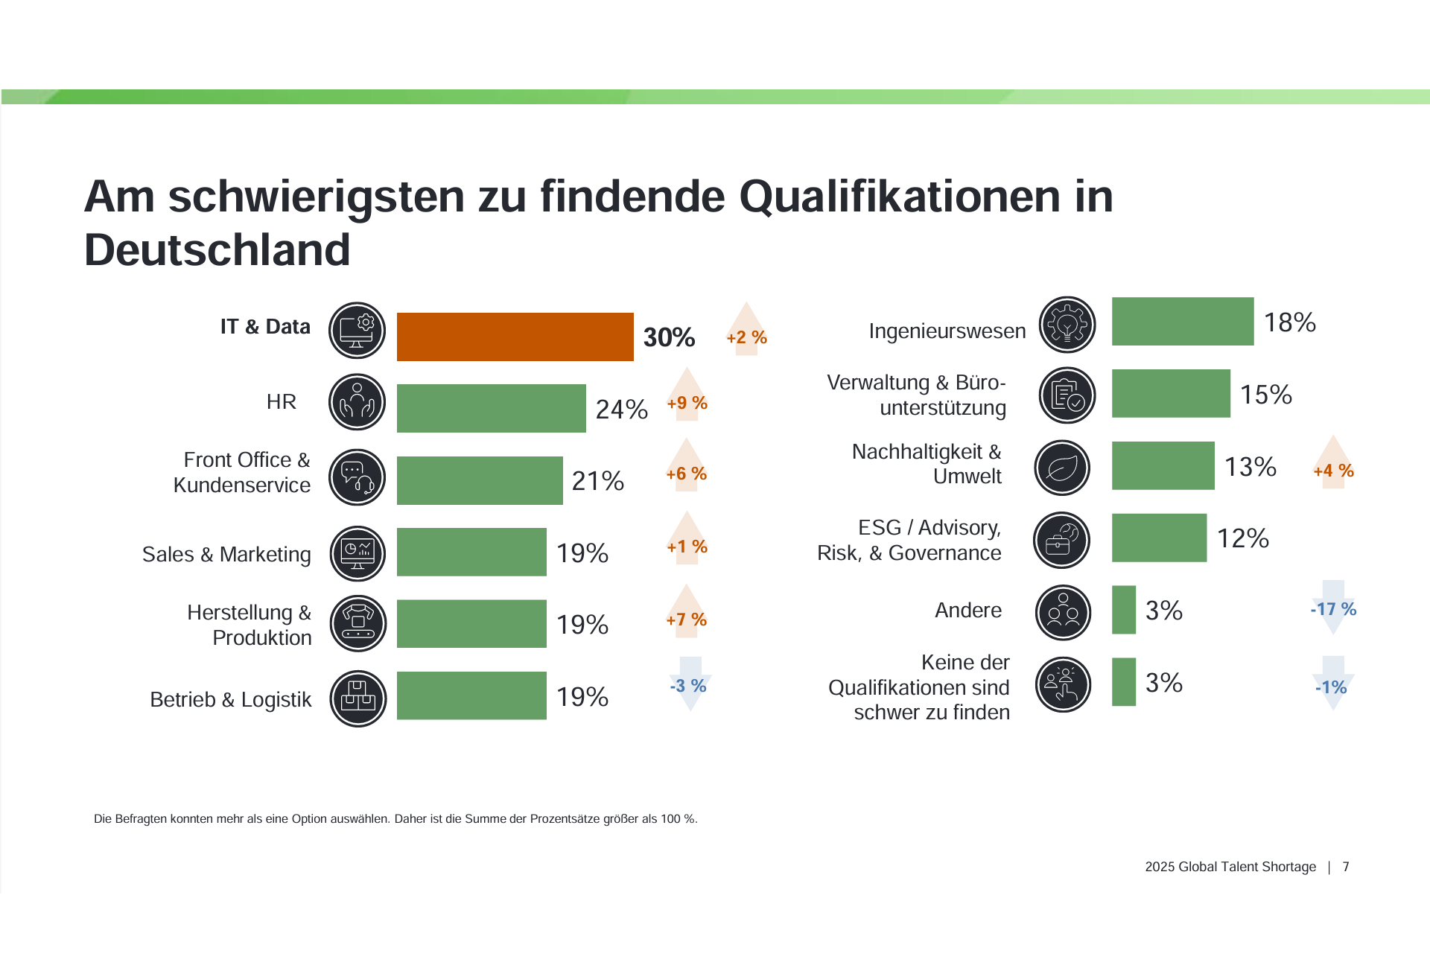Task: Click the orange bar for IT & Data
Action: (x=515, y=337)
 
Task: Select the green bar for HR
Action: (x=491, y=408)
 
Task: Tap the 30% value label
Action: (x=669, y=337)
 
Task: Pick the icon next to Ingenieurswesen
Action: (x=1067, y=325)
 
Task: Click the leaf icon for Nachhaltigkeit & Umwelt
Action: (x=1063, y=468)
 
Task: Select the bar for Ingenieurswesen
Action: (x=1182, y=322)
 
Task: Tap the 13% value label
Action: (x=1251, y=467)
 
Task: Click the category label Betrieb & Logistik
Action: (x=231, y=699)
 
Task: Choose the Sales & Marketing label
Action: (x=226, y=554)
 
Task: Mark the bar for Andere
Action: (x=1123, y=610)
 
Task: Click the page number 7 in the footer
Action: (x=1346, y=867)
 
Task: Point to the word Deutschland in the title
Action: (x=217, y=249)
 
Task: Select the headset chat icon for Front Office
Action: (x=357, y=477)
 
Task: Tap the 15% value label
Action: (x=1265, y=395)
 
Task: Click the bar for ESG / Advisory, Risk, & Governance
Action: (x=1159, y=538)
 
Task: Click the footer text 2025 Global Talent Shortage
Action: (x=1230, y=867)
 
